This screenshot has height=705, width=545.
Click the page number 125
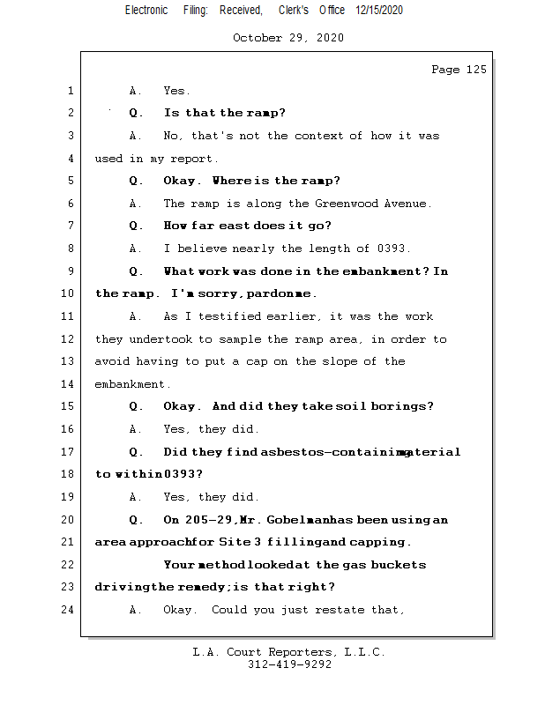coord(476,70)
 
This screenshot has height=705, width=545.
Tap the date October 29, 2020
coord(288,38)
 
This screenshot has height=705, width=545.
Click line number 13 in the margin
coord(70,361)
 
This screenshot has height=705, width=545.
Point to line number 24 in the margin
coord(70,609)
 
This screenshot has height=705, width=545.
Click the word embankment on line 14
coord(131,384)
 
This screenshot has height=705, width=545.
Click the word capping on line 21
coord(381,542)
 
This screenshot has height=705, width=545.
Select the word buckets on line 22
coord(398,564)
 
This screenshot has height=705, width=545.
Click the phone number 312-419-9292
coord(289,664)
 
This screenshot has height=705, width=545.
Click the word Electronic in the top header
coord(146,10)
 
